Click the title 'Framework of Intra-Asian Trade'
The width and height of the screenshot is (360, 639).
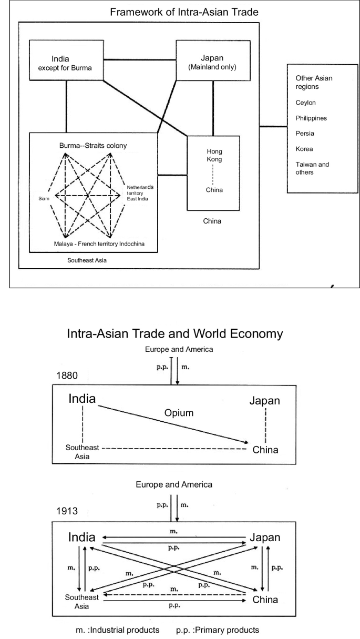click(180, 12)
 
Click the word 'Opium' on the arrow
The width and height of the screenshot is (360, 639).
click(179, 413)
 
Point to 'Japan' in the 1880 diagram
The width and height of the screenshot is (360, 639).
click(265, 401)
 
